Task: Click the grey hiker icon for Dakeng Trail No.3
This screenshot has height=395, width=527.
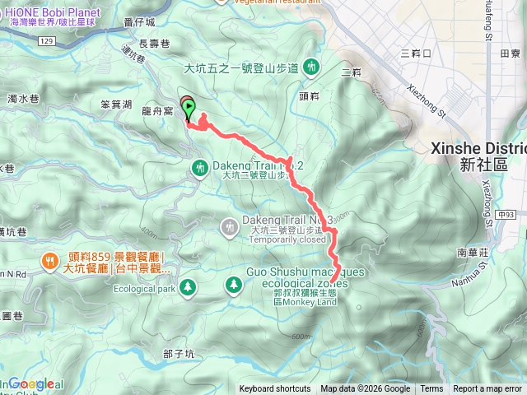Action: (231, 225)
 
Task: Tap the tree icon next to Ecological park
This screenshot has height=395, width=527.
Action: (189, 286)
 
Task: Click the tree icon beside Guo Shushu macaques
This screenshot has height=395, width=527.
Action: (234, 285)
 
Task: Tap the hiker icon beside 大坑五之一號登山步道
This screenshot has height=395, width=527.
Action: (311, 66)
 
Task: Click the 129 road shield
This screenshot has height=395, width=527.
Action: (48, 41)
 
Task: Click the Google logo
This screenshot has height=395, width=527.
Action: (31, 383)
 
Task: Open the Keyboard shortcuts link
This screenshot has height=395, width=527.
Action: (275, 389)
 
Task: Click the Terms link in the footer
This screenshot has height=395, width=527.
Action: (431, 389)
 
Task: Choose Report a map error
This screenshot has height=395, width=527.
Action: (488, 389)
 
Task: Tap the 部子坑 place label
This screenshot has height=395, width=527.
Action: (179, 353)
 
